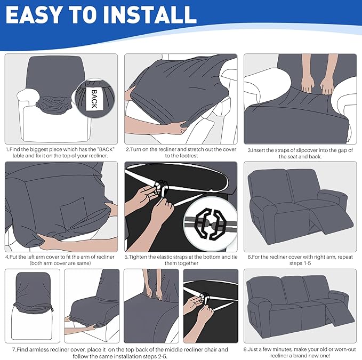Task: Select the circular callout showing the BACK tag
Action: click(x=94, y=96)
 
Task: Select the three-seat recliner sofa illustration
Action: click(x=300, y=304)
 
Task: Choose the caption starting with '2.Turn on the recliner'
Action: click(x=181, y=153)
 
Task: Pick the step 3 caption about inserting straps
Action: click(x=300, y=153)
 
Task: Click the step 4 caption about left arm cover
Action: click(x=60, y=260)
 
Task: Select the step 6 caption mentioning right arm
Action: click(x=300, y=260)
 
